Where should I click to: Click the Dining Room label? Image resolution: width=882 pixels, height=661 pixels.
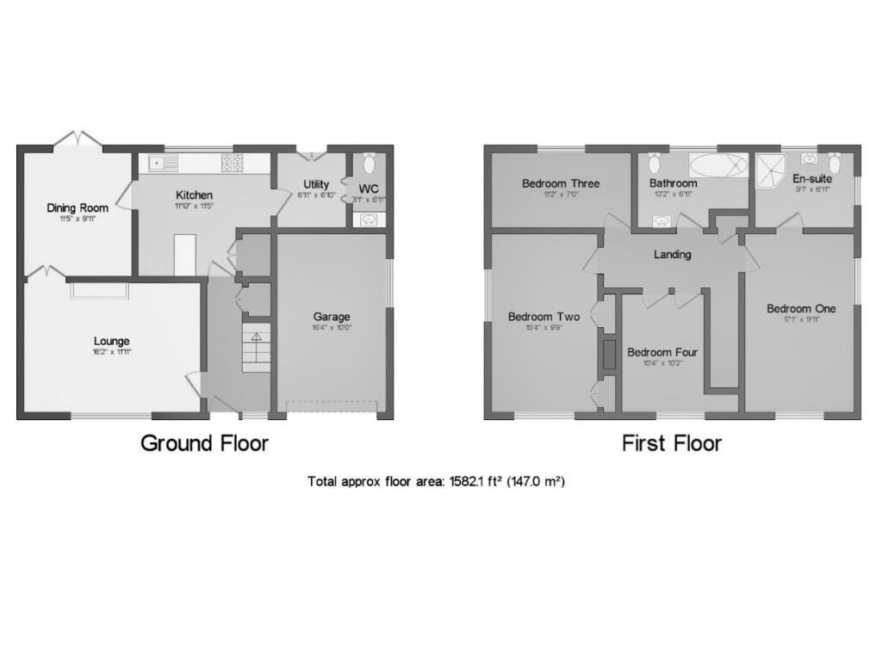tap(77, 207)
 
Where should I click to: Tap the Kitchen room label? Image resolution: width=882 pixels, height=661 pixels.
tap(194, 195)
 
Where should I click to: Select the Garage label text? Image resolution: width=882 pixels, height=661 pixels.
tap(332, 317)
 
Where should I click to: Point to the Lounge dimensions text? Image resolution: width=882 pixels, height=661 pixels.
tap(112, 351)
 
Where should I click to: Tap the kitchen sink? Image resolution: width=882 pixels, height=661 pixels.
tap(163, 162)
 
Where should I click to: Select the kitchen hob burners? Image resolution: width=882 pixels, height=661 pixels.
tap(232, 162)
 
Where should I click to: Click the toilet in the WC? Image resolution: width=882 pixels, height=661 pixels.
tap(370, 164)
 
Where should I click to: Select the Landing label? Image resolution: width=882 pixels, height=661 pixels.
tap(673, 255)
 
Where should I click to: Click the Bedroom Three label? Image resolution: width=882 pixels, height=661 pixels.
tap(561, 183)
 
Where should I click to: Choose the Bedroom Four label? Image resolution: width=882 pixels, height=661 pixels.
tap(662, 352)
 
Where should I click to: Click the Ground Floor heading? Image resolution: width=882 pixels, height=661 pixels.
tap(204, 443)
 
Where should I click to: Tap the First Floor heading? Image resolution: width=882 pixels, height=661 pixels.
tap(672, 443)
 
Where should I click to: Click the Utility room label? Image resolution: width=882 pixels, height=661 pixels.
tap(316, 184)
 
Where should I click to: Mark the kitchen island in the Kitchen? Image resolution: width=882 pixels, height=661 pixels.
tap(185, 255)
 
